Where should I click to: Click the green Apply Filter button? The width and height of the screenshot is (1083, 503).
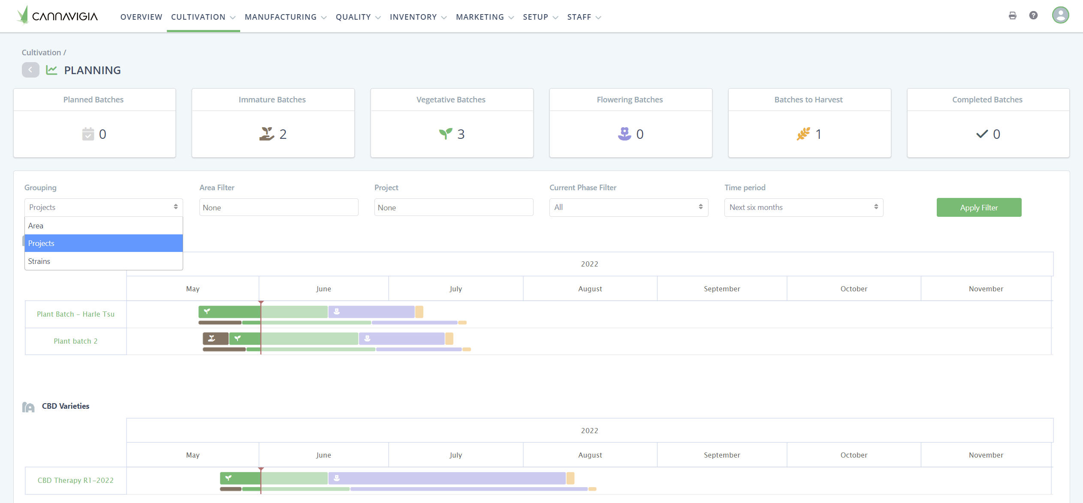(978, 207)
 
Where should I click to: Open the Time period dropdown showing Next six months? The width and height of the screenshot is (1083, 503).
(803, 207)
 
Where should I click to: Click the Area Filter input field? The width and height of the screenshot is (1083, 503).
(278, 207)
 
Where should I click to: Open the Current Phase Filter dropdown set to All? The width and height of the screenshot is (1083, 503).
(628, 207)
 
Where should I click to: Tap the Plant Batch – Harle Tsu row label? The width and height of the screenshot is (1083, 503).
(75, 314)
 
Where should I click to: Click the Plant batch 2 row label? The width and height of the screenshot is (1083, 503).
(75, 341)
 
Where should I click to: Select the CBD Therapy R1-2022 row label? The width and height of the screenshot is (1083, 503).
(75, 480)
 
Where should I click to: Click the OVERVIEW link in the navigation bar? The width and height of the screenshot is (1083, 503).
(141, 17)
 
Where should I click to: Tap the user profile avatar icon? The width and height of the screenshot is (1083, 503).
(1060, 15)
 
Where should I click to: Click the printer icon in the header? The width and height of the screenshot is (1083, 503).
(1012, 15)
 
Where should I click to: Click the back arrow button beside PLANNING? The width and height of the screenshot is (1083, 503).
(30, 70)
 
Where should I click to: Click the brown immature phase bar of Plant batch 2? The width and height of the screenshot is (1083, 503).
(215, 338)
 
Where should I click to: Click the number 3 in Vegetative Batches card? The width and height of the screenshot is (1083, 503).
(461, 134)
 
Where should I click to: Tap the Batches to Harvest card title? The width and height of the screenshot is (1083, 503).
(808, 100)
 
